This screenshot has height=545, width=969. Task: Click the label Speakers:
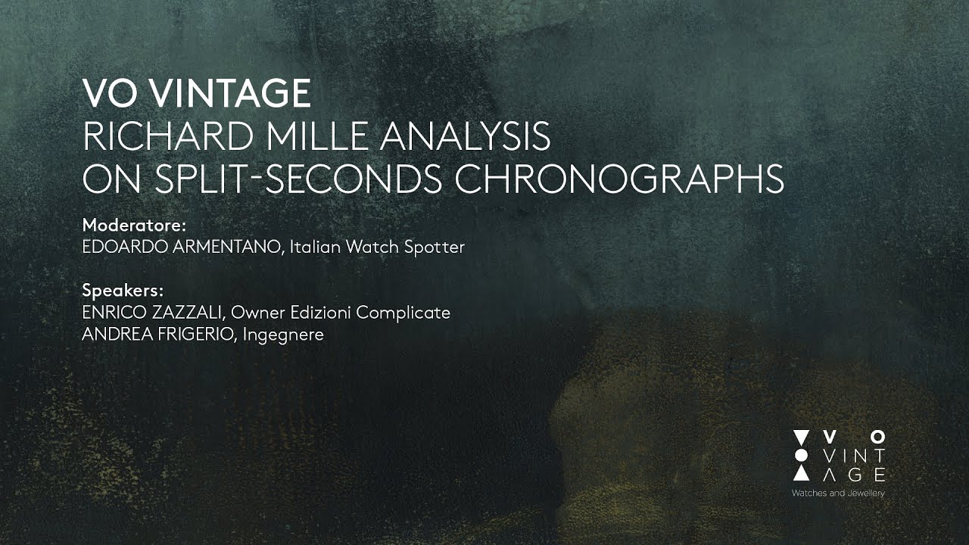point(123,291)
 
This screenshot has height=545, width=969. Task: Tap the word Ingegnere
point(284,335)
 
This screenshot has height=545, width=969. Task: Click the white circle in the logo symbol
point(800,455)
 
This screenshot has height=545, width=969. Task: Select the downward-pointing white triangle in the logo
point(800,437)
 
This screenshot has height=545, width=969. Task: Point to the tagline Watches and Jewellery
point(838,494)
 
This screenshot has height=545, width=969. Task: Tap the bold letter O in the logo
point(877,437)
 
